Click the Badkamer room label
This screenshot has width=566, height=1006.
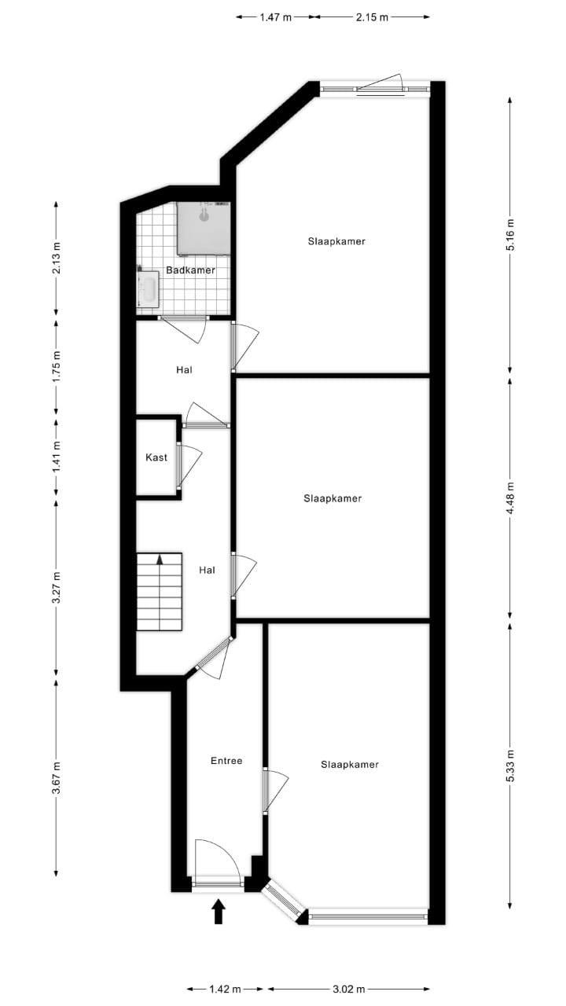tap(190, 270)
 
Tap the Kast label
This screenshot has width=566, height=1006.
tap(156, 457)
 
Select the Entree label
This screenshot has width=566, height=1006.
tap(226, 761)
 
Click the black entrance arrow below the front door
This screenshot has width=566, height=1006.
tap(219, 912)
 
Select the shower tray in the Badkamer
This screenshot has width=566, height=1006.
tap(203, 228)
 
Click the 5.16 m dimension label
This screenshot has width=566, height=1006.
tap(510, 234)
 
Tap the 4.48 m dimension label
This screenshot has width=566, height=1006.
tap(510, 497)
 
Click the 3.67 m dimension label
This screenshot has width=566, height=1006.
tap(56, 778)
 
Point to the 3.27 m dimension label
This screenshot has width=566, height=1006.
tap(56, 587)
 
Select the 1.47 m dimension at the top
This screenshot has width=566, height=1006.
tap(277, 17)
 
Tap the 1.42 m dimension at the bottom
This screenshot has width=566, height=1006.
tap(226, 989)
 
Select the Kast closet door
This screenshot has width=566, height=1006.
tap(189, 465)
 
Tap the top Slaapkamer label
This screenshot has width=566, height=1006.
tap(336, 241)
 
